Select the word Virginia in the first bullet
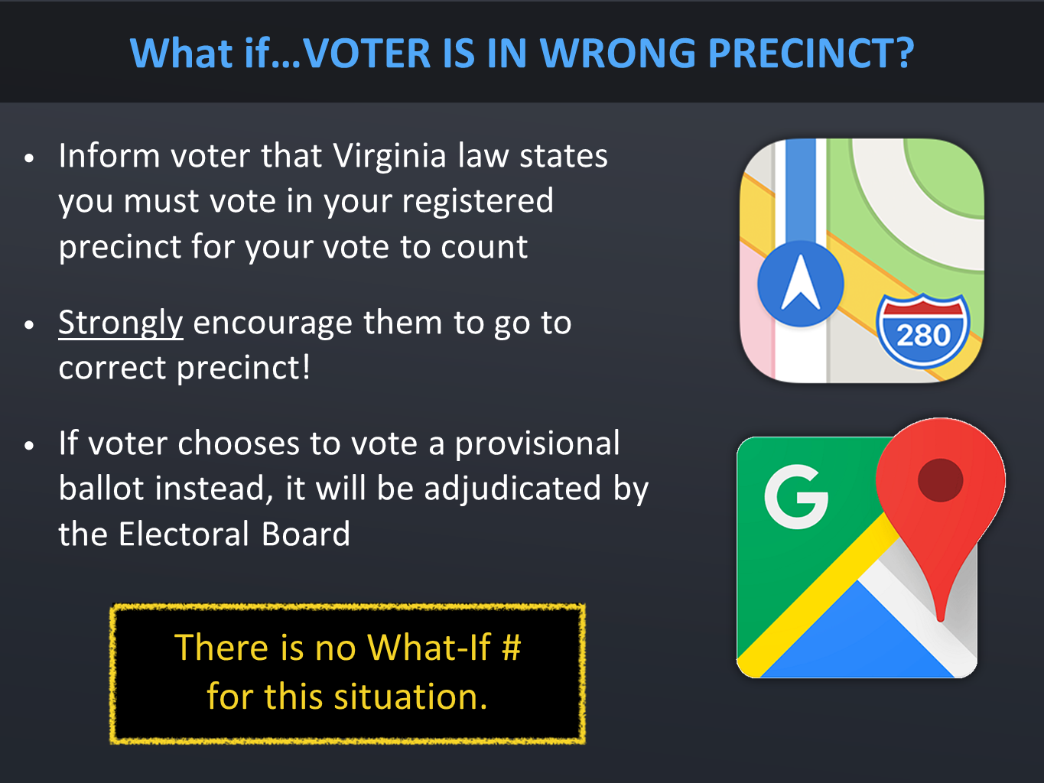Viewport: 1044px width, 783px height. click(389, 158)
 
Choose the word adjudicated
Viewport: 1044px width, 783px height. click(512, 489)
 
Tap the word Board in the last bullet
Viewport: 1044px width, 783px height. click(306, 534)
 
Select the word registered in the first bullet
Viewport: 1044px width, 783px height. click(477, 203)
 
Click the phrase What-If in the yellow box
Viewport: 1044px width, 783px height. click(429, 647)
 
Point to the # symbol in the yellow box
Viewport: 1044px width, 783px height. click(512, 647)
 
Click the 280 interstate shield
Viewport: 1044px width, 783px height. click(922, 331)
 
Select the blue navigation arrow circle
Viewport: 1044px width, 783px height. click(801, 284)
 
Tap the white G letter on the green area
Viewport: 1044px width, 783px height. click(795, 496)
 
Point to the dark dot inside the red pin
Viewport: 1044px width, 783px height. click(940, 480)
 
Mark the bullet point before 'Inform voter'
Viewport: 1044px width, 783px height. click(29, 158)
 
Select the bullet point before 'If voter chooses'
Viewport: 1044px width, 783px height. click(29, 446)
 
